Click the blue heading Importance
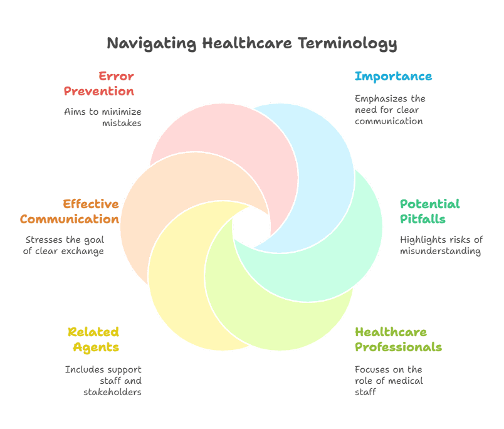pos(393,77)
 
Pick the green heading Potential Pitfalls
pos(430,211)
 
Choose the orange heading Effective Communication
pos(70,212)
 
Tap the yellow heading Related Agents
pos(93,339)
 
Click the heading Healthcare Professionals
pos(398,339)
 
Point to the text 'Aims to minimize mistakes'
pos(103,117)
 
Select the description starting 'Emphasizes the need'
pos(390,110)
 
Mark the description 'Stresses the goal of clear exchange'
pos(65,245)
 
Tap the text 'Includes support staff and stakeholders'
pos(103,381)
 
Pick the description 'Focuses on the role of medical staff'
pos(389,381)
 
